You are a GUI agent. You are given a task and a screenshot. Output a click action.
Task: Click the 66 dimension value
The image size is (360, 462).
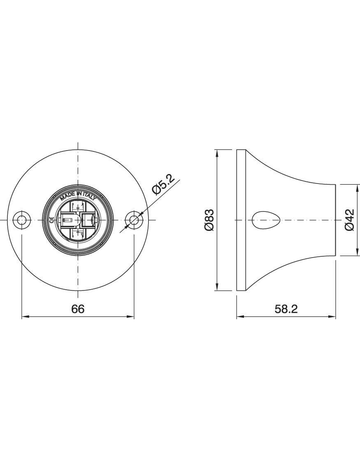point(78,309)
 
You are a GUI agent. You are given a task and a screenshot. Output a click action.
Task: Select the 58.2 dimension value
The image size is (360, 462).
point(286,309)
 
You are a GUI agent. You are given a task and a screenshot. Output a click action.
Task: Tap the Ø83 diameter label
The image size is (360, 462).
point(209,220)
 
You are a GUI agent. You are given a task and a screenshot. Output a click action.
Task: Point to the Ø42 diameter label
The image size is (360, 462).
point(349,220)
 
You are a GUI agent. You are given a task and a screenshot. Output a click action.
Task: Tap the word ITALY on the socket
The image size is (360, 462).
point(89,197)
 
